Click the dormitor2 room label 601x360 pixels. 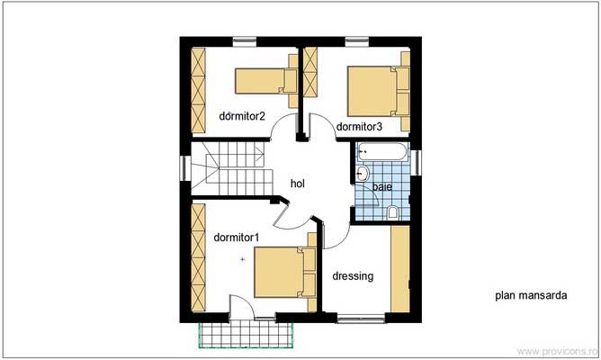tap(242, 116)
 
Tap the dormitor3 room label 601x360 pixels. tap(359, 127)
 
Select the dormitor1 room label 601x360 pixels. tap(237, 238)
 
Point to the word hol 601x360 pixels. tap(298, 184)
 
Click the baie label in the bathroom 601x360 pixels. tap(382, 186)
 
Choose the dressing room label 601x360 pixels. tap(353, 276)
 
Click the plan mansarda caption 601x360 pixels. tap(531, 295)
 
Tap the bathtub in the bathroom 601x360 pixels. tap(382, 152)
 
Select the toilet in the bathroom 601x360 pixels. tap(393, 212)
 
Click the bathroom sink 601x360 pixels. tap(362, 175)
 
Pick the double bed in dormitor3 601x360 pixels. tap(378, 91)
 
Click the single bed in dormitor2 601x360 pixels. tap(266, 81)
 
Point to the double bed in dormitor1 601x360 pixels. tap(285, 273)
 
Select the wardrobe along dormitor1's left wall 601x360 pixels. tap(199, 257)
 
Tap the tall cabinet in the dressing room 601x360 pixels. tap(400, 269)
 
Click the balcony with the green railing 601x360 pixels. tap(246, 335)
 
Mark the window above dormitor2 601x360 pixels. tap(245, 41)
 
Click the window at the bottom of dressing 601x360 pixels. tap(361, 319)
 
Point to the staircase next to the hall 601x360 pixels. tap(231, 168)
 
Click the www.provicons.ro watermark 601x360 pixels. tap(558, 352)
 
